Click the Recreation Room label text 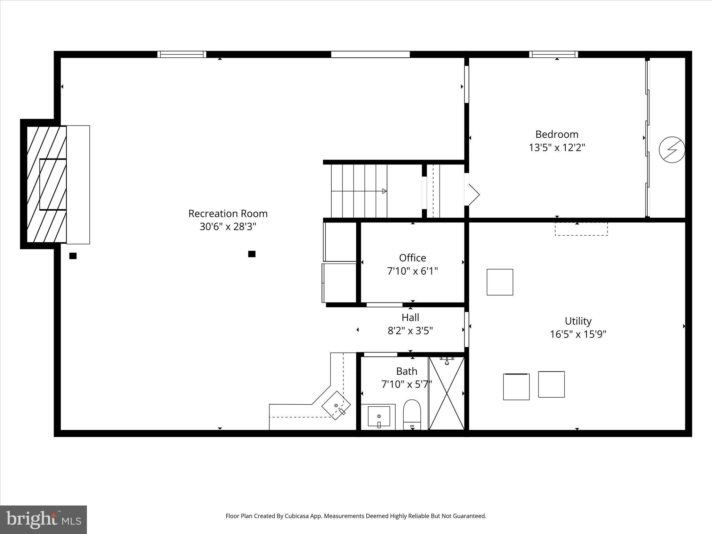click(x=228, y=213)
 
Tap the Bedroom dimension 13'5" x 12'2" click(x=557, y=148)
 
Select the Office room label click(x=412, y=258)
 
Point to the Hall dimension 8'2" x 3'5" click(x=410, y=331)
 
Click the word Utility click(x=578, y=321)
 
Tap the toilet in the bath click(x=412, y=414)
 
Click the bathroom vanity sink click(x=379, y=416)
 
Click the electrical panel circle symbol click(x=672, y=149)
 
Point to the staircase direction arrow click(x=384, y=191)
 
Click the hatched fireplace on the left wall click(x=47, y=184)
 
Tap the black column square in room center click(x=252, y=254)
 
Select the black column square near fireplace click(x=73, y=256)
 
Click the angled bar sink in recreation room click(x=336, y=405)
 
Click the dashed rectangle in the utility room click(x=581, y=229)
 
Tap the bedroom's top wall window click(x=553, y=54)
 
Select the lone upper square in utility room click(x=500, y=282)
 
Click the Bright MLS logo click(x=43, y=519)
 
